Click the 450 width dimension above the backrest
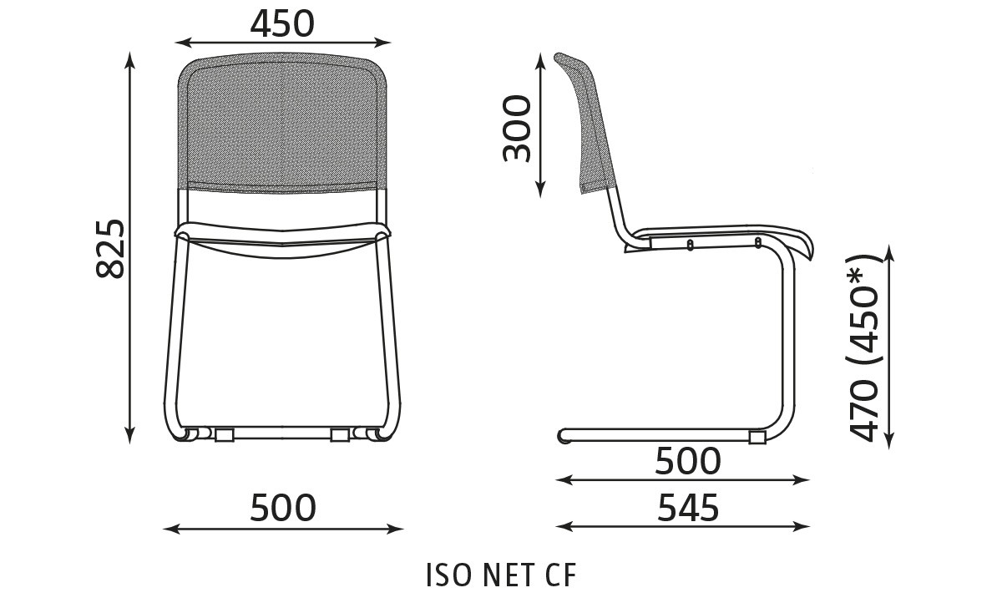tap(282, 24)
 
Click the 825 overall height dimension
tap(110, 249)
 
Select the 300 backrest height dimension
tap(517, 129)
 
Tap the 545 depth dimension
tap(688, 508)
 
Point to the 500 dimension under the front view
tap(283, 508)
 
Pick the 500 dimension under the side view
tap(688, 461)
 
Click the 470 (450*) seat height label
tap(864, 348)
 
